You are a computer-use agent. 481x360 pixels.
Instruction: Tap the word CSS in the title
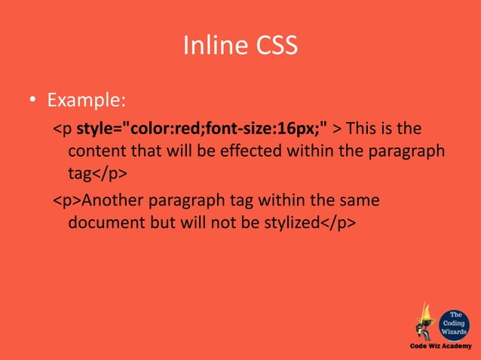273,46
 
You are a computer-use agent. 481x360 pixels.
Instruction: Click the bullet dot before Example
33,100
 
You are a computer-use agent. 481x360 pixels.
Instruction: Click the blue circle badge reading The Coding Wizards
456,319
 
